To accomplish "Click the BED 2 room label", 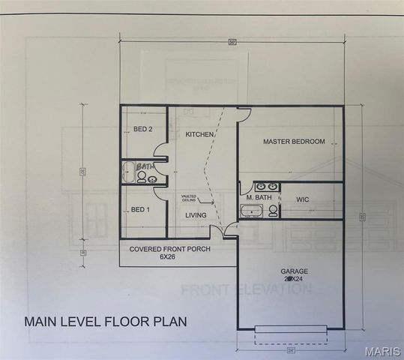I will (x=143, y=129).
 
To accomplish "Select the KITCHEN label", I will (x=200, y=134).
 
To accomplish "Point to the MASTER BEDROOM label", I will (x=293, y=142).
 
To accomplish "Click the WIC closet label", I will (x=303, y=199).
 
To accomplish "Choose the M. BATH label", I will (x=259, y=198).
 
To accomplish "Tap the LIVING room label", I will (x=196, y=215).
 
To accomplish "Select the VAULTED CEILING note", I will (x=188, y=198).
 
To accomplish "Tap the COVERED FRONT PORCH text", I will (x=169, y=248).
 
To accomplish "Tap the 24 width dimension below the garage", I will (x=289, y=349).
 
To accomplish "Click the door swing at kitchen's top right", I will (x=244, y=114).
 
